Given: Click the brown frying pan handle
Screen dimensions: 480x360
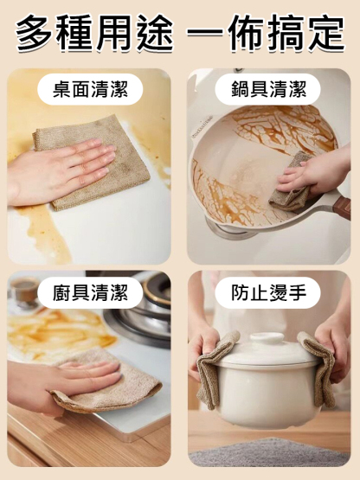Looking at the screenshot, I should pos(343,208).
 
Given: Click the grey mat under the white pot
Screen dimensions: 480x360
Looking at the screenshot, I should pos(268,453).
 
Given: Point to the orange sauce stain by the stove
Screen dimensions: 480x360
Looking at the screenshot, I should pos(61,333).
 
